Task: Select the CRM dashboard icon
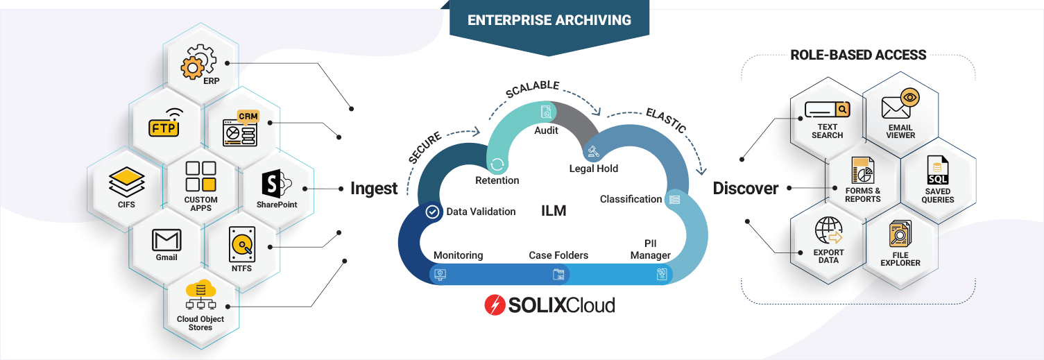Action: pos(239,128)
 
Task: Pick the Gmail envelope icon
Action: pos(166,241)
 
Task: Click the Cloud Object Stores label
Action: pos(200,323)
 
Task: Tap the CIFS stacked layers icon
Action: pos(126,182)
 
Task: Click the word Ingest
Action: pos(374,189)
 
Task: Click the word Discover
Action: pos(746,189)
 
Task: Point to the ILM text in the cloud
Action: pos(554,211)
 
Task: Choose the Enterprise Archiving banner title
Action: pos(549,19)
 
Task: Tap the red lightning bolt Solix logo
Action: pos(495,305)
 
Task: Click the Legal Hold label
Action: pos(593,169)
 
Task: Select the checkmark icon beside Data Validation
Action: pos(433,212)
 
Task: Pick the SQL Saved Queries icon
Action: pos(938,170)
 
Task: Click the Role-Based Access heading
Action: pos(858,55)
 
